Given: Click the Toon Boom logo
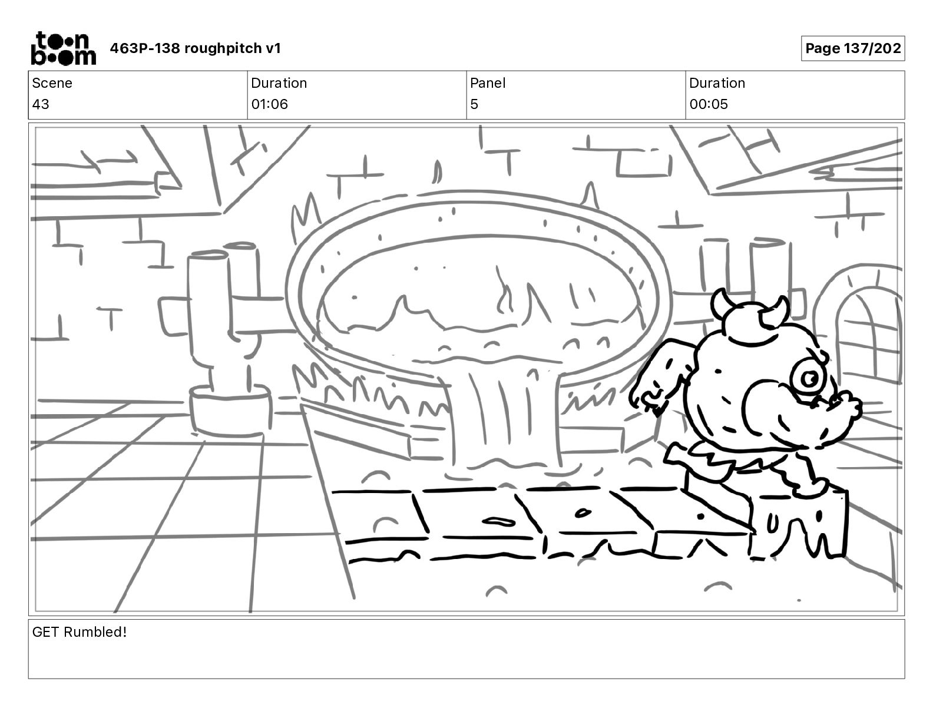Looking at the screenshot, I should (63, 48).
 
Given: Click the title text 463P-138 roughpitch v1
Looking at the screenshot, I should (196, 48).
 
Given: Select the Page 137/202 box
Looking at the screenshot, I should (852, 48).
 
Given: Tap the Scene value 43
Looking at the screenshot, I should (41, 104).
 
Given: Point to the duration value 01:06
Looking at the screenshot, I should (269, 104).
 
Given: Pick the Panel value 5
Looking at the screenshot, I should (474, 104).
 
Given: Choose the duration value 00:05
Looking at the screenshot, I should (709, 104).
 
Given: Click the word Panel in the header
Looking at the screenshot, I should (488, 83).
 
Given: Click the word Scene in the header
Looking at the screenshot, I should (52, 83).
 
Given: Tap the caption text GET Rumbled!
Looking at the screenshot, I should (80, 632).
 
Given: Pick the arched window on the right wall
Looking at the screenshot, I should (867, 342).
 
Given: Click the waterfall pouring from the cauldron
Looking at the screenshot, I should (504, 412).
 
